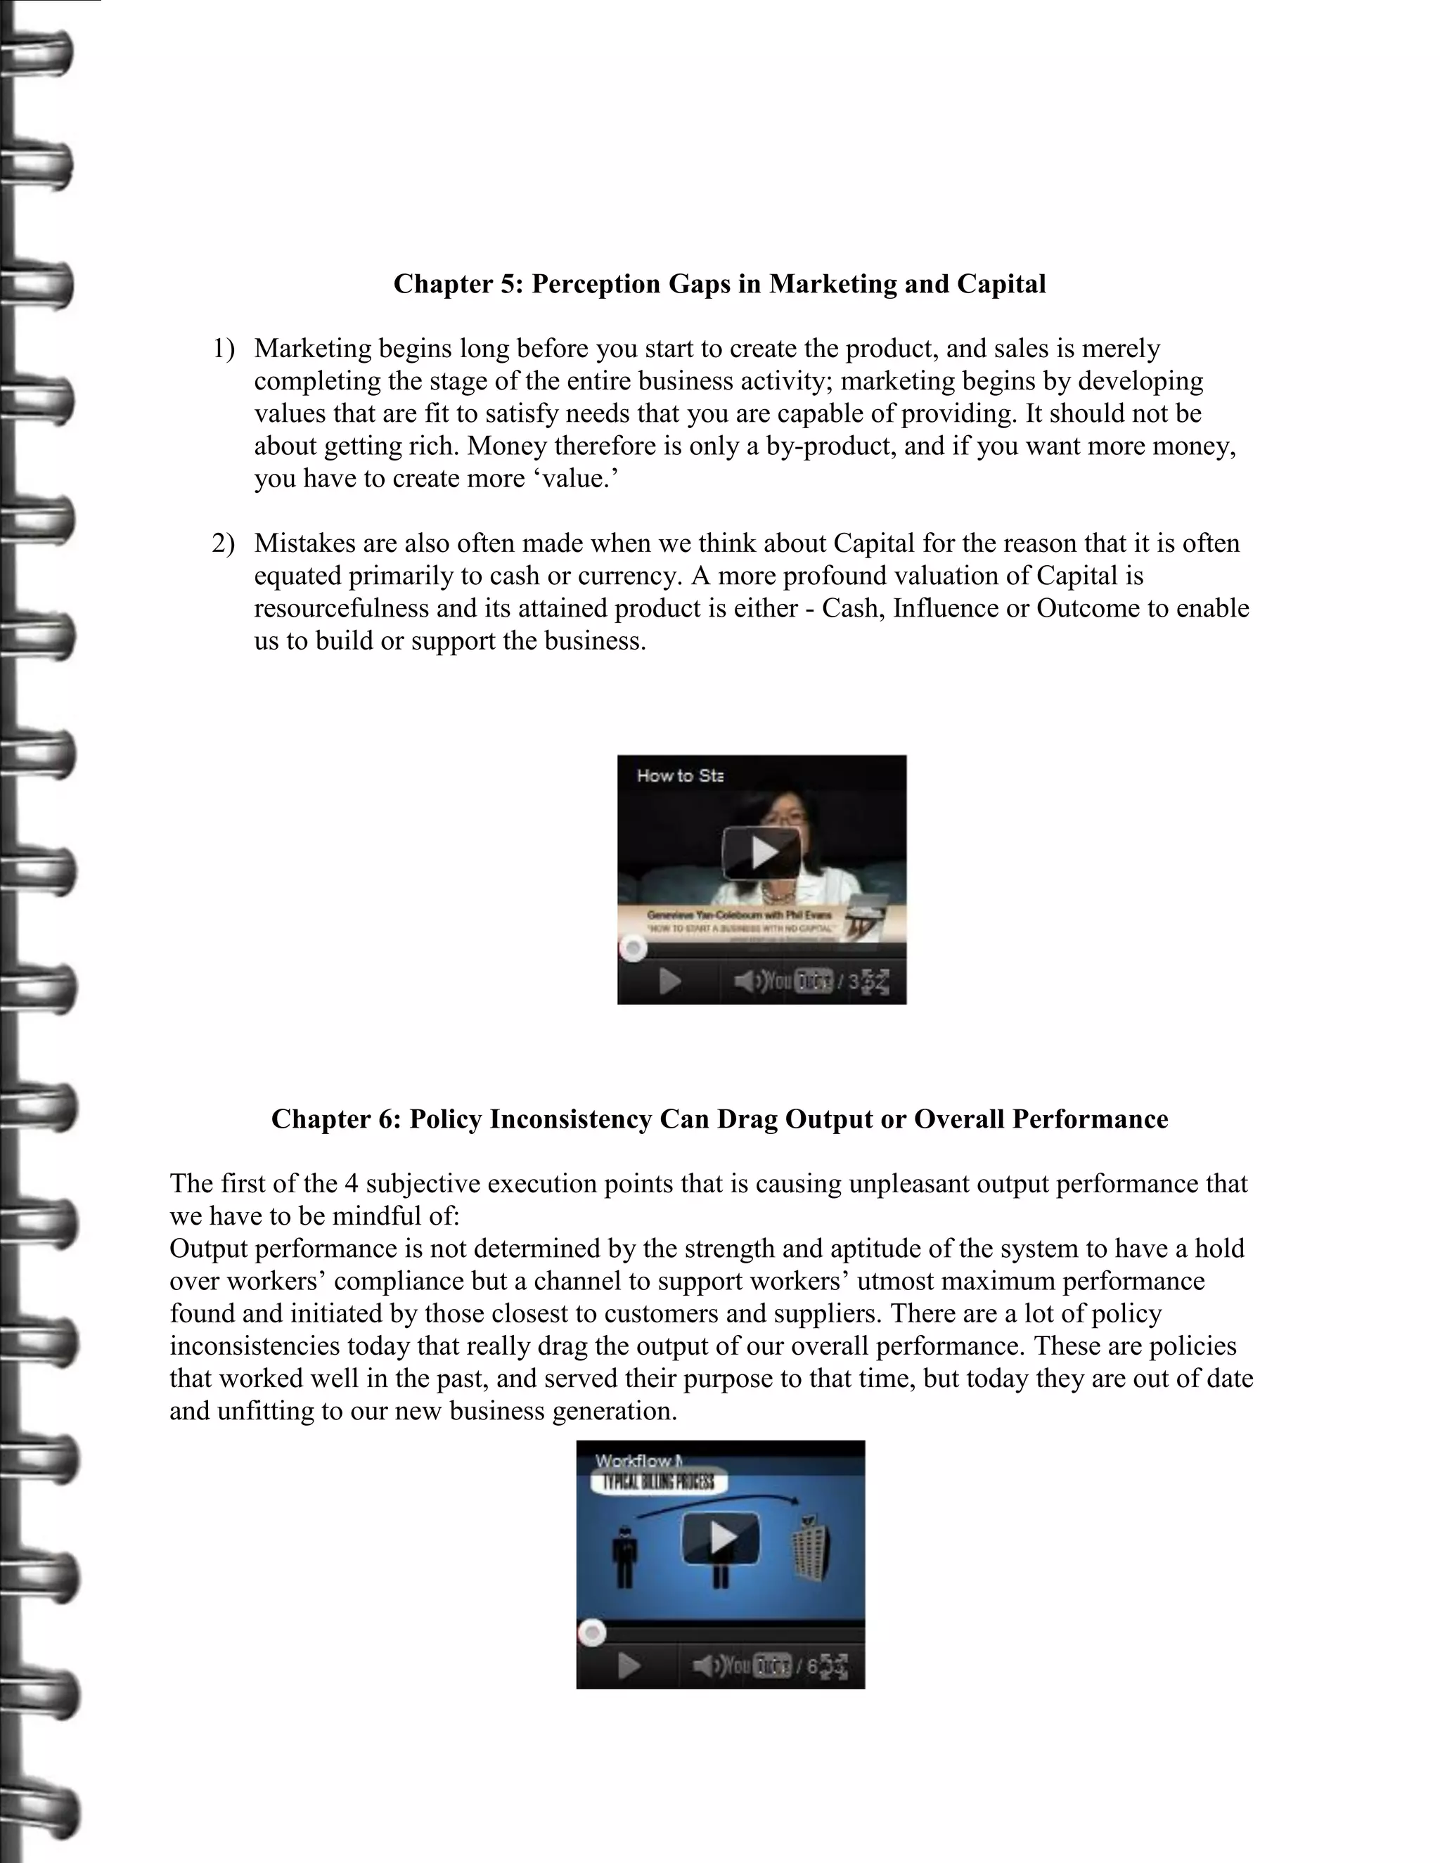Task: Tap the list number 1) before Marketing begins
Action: coord(224,349)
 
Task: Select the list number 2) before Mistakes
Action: coord(223,543)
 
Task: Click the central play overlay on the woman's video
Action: coord(761,851)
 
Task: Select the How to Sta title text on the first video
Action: coord(680,775)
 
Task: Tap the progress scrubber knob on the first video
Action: coord(633,948)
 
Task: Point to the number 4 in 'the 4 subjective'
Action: coord(351,1184)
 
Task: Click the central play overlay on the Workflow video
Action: coord(721,1537)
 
